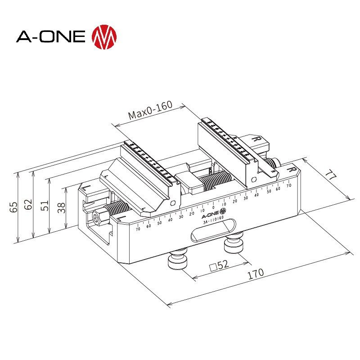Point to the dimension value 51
tap(45, 206)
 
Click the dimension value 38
tap(61, 207)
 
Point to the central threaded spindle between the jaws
tap(214, 182)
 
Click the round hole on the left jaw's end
tap(171, 203)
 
